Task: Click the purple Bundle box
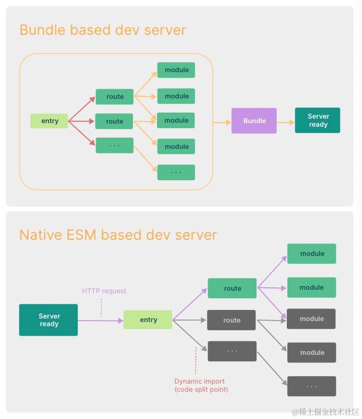point(254,121)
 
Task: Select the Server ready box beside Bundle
point(318,120)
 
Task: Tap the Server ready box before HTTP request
point(48,320)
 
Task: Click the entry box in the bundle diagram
point(49,121)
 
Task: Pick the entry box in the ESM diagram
point(148,320)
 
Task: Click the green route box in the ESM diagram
point(232,288)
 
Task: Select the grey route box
point(232,320)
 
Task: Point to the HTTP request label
point(104,291)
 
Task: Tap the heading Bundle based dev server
point(102,30)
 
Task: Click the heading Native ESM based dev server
point(118,235)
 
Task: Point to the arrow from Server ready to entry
point(101,320)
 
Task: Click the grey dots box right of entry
point(232,351)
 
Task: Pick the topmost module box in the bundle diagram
point(176,70)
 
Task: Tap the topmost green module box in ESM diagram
point(312,253)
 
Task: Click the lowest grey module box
point(312,352)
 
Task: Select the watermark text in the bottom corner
point(325,412)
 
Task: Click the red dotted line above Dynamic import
point(195,360)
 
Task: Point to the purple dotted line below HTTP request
point(101,307)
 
